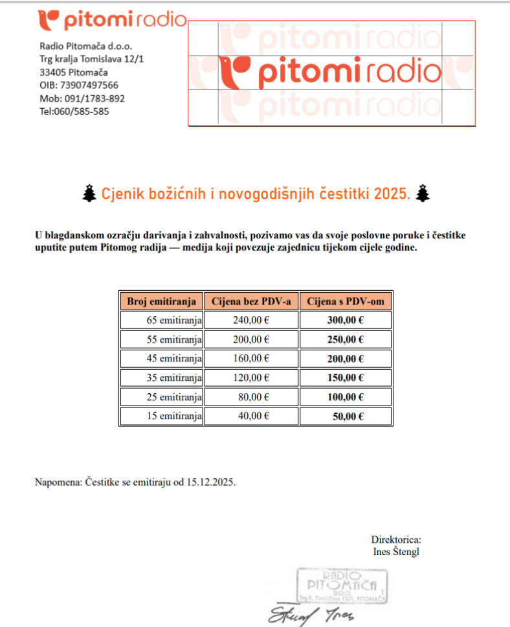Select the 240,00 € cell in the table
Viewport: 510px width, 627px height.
(251, 320)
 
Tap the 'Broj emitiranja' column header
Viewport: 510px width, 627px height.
(161, 301)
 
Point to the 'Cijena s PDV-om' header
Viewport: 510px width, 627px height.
(346, 301)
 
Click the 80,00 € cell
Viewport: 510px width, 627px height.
(254, 397)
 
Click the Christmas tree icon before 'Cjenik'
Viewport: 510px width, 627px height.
(91, 193)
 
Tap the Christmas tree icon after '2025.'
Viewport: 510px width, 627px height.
(423, 193)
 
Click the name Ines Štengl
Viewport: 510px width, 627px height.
(397, 552)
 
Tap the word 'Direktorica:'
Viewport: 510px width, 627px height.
(396, 540)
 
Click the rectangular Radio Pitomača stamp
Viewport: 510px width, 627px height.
(341, 586)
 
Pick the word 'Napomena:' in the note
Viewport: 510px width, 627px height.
(58, 483)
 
